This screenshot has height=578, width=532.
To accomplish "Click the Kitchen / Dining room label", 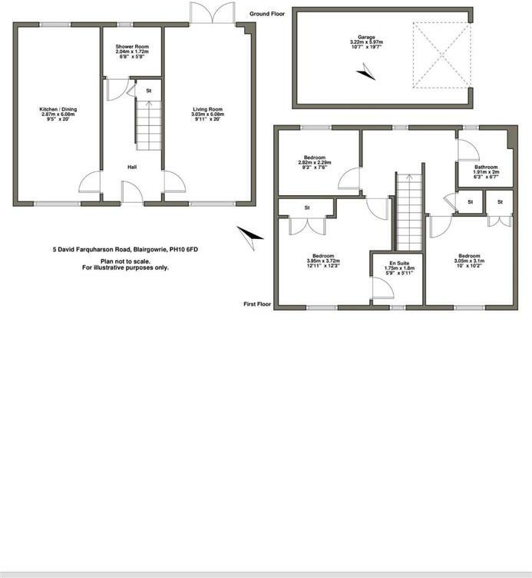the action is tap(58, 109).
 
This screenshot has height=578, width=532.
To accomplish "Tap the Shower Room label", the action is tap(132, 46).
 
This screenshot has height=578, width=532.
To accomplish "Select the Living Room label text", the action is tap(207, 109).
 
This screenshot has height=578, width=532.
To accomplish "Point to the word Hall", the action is tap(132, 167).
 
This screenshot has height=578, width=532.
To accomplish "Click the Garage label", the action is tap(366, 37).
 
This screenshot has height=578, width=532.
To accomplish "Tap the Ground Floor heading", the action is tap(267, 14).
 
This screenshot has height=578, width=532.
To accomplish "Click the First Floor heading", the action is tap(257, 304).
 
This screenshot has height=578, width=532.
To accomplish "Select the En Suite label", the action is tap(399, 263).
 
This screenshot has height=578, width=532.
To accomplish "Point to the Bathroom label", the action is tap(486, 167).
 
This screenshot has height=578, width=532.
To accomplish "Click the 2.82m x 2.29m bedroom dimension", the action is tap(315, 162).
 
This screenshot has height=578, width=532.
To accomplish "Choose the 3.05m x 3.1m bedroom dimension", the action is tap(469, 261).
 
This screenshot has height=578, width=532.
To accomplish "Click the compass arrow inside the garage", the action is tap(366, 72).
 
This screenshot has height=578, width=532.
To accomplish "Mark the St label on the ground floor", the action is tap(149, 91).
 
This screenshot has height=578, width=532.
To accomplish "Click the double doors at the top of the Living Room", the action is tap(213, 13).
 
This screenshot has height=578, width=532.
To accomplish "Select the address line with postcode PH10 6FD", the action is tap(125, 250).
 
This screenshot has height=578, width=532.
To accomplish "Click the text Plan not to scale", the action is tap(125, 261).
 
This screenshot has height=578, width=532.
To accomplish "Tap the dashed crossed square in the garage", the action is tap(442, 55).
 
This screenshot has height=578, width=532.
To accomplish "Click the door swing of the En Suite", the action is tap(383, 287).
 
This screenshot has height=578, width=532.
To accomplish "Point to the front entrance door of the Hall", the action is tap(132, 191).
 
